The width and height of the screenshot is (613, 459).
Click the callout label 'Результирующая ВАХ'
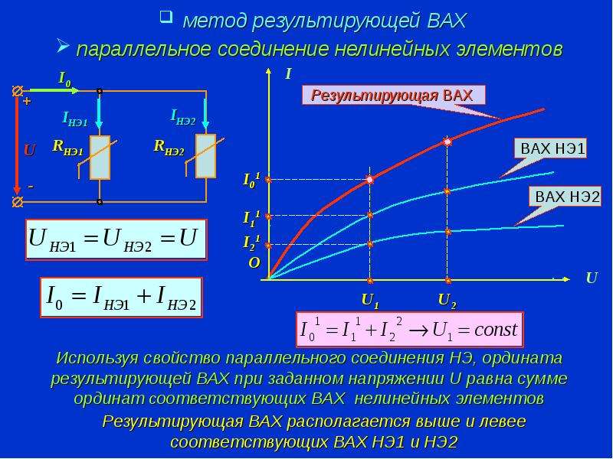(x=393, y=95)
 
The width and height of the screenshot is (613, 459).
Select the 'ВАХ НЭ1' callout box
(x=552, y=148)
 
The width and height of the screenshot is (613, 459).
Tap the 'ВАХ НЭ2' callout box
(x=565, y=197)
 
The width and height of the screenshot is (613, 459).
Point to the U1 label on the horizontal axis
(x=370, y=301)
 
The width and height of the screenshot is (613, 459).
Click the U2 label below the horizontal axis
(x=447, y=301)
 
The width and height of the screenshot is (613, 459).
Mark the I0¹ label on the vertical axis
(x=251, y=180)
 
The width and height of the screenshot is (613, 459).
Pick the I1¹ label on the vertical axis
(x=251, y=217)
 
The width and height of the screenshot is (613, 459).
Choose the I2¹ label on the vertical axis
(x=251, y=243)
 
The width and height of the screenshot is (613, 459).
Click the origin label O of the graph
(x=254, y=263)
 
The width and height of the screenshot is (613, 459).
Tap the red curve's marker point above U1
(x=370, y=180)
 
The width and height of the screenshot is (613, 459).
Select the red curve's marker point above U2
(x=448, y=142)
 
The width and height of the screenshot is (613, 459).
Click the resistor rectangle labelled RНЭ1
(x=100, y=158)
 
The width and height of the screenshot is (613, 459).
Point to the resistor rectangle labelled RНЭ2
(x=205, y=156)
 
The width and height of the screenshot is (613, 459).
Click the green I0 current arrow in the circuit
(x=53, y=90)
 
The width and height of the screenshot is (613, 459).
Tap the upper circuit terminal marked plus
(x=17, y=91)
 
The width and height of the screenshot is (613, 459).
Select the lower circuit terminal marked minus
(x=17, y=202)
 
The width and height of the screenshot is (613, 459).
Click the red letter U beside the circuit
(x=30, y=151)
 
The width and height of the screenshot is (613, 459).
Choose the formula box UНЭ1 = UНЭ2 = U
(x=116, y=239)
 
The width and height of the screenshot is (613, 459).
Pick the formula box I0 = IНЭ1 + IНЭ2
(x=121, y=298)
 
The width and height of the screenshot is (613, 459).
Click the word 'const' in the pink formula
(x=496, y=330)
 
